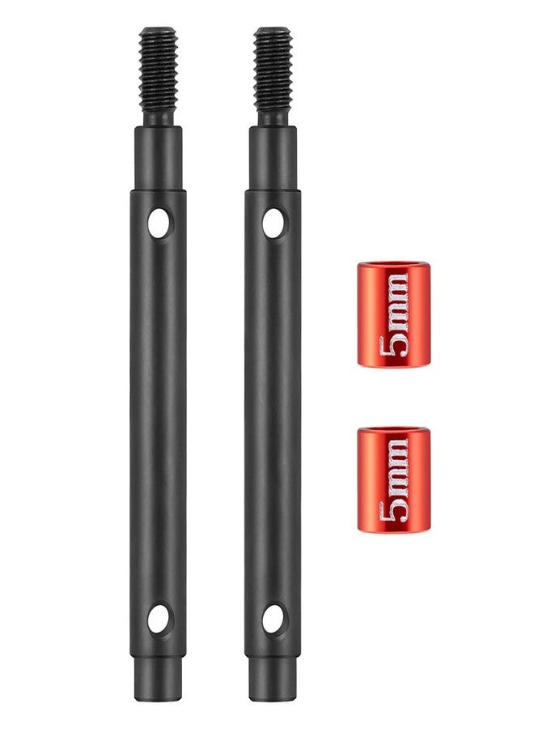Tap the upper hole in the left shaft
(159, 224)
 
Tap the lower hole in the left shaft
(159, 618)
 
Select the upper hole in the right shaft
(273, 224)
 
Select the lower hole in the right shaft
(273, 618)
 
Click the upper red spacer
(393, 314)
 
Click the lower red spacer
(393, 479)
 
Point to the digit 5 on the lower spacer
(393, 511)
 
